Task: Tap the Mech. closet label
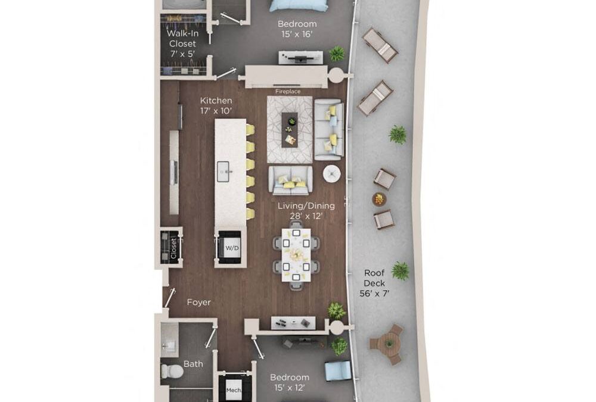pos(234,391)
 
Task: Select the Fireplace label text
pos(287,92)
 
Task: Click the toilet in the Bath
pos(172,371)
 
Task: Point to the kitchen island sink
pos(224,172)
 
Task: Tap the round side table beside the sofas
pos(331,174)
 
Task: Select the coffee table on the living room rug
pos(290,129)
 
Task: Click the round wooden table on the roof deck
pos(389,344)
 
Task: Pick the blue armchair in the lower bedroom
pos(337,370)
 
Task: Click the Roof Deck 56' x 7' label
pos(375,283)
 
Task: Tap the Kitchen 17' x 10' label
pos(216,105)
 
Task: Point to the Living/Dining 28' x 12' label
pos(306,211)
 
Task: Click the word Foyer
pos(198,303)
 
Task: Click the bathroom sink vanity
pos(169,340)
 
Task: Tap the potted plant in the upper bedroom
pos(337,54)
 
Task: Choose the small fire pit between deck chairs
pos(379,199)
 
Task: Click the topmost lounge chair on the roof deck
pos(380,45)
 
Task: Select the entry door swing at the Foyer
pos(170,297)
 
